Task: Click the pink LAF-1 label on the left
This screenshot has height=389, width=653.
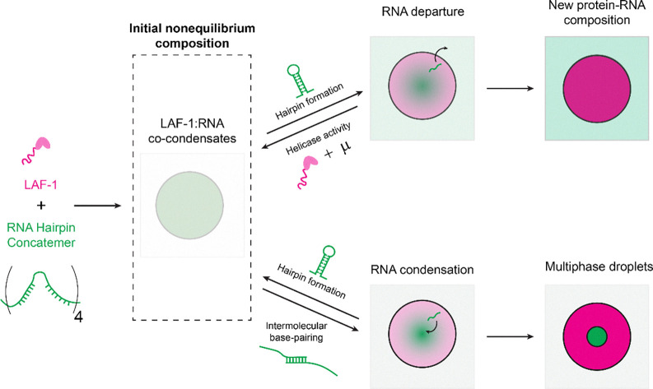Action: pos(40,184)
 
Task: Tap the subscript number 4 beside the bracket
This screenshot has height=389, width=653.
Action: pos(78,317)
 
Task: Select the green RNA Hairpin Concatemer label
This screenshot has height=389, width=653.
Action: pos(41,235)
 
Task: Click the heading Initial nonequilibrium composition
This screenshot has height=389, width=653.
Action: pos(192,36)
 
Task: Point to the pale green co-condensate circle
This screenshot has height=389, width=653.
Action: pos(189,205)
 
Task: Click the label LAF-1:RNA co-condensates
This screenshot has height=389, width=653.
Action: pos(192,131)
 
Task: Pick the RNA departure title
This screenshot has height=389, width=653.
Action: pos(422,12)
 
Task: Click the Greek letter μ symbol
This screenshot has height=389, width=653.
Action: pos(347,151)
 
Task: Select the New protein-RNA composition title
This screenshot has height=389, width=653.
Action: pos(597,12)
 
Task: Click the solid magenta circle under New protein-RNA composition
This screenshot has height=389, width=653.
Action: pos(597,89)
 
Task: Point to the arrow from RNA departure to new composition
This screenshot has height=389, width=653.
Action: pos(511,88)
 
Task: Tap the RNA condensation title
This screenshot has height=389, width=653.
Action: pos(422,270)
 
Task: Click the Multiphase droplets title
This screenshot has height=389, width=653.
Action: pos(599,267)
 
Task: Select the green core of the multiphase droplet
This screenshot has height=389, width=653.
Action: pos(597,336)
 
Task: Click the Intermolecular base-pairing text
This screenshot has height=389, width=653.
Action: pos(296,331)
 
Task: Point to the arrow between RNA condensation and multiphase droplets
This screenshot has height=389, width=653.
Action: pos(511,336)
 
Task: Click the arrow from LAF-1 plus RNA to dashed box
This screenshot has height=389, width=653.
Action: pos(97,206)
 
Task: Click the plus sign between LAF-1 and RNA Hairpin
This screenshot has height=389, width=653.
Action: pos(41,205)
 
